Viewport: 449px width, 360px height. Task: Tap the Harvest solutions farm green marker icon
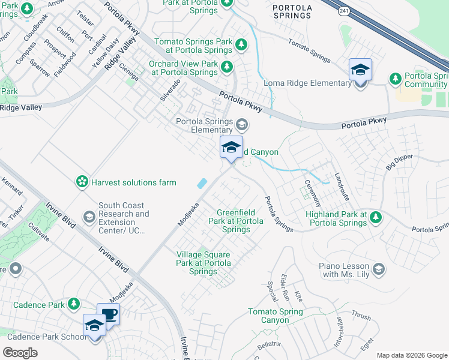82,181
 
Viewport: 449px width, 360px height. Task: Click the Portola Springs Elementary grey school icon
242,125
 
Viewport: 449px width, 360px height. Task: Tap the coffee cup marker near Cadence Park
109,314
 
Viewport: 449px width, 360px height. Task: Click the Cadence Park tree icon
73,304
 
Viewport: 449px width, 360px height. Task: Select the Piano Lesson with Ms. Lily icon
378,269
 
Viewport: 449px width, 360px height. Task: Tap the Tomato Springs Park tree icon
241,45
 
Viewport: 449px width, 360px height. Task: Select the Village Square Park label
203,263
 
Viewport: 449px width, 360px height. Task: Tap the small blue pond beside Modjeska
202,183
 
